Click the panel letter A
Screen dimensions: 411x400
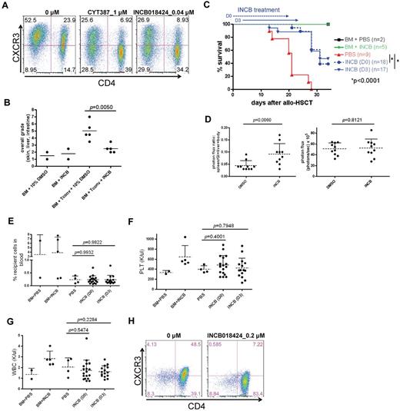pos(5,5)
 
